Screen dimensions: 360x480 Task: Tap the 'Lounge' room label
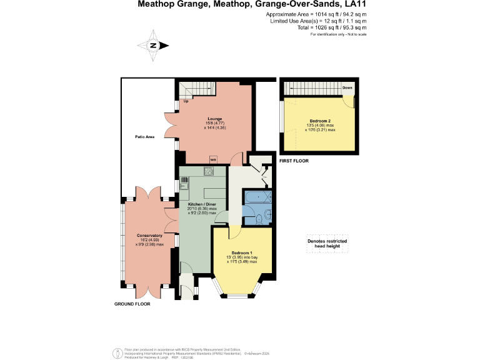[215, 119]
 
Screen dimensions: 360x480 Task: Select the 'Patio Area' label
[144, 136]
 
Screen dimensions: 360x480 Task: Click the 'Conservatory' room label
[149, 235]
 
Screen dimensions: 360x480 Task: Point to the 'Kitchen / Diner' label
[202, 204]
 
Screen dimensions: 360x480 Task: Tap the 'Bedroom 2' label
[320, 120]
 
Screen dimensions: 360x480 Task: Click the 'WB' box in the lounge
[213, 159]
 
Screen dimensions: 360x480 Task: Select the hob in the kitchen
[209, 172]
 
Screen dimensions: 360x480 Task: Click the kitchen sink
[184, 182]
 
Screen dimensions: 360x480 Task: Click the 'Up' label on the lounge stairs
[186, 101]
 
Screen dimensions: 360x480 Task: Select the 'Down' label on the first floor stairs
[347, 88]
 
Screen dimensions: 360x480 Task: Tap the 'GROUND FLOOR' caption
[132, 304]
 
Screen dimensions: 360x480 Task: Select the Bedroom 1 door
[234, 231]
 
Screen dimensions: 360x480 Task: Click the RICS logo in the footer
[117, 352]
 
